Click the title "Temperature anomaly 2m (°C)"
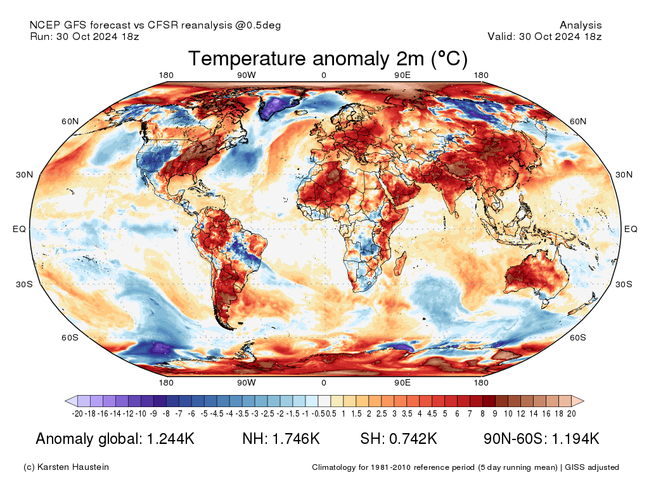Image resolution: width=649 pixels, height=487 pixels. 328,59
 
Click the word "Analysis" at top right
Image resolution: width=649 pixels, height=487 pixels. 581,25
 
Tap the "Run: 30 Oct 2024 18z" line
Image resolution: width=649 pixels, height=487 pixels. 84,36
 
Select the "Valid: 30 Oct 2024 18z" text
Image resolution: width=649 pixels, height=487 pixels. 544,36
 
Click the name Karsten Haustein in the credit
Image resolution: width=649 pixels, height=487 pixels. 74,467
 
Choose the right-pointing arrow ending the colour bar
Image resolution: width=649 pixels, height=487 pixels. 577,401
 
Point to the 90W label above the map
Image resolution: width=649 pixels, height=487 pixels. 246,75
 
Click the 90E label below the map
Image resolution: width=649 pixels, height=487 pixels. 402,382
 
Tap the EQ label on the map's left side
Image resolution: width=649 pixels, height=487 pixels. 19,230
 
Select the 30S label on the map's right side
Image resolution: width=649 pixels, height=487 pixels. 625,284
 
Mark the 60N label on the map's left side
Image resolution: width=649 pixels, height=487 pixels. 70,121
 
